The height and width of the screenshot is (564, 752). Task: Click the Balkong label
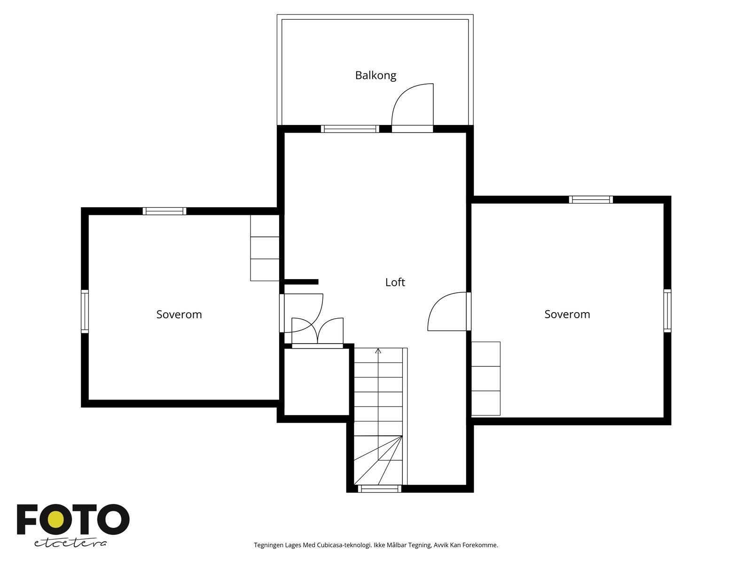[376, 75]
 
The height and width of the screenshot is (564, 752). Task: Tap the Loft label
[395, 282]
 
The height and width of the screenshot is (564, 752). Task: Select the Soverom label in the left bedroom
[179, 314]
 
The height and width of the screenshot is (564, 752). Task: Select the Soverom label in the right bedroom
[567, 314]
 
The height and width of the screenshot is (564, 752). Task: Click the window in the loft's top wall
[350, 129]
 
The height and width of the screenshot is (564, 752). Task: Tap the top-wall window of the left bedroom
[164, 211]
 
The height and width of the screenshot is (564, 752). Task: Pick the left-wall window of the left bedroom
[85, 311]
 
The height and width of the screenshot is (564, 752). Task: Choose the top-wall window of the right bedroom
[591, 199]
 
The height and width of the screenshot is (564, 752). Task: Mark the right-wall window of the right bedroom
[667, 311]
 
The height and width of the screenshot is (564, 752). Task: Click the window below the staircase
[379, 489]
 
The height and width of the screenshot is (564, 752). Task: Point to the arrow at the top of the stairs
[378, 351]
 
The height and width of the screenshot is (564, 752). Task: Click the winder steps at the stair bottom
[378, 460]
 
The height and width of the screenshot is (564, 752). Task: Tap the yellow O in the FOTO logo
[56, 520]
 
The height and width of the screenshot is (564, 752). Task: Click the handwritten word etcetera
[70, 543]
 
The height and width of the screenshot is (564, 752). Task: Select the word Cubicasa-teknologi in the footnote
[344, 545]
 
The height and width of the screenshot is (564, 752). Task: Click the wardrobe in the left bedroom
[265, 248]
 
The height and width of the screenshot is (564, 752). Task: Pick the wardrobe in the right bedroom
[486, 378]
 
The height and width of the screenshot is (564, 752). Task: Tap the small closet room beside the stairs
[317, 382]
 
